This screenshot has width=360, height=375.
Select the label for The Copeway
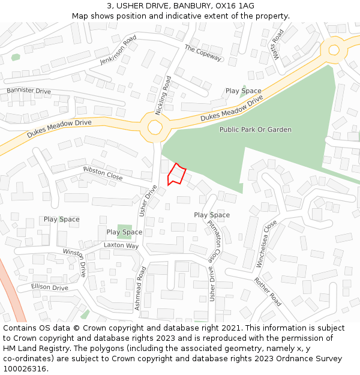coord(203,53)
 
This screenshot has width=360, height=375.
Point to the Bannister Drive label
coord(28,91)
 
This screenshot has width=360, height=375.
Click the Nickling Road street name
coord(163,95)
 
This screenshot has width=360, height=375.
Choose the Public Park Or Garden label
coord(255,130)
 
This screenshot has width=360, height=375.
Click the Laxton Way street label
coord(121,245)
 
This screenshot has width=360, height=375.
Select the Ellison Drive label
coord(50,287)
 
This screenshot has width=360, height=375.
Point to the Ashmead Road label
coord(140,288)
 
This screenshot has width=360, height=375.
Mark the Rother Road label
coord(267,291)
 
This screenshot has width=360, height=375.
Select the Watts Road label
coord(278,44)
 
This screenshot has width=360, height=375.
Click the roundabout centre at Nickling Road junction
coord(155,127)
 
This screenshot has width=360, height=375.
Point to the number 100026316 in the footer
coord(23,368)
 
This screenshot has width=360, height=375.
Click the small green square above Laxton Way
coord(125,229)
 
